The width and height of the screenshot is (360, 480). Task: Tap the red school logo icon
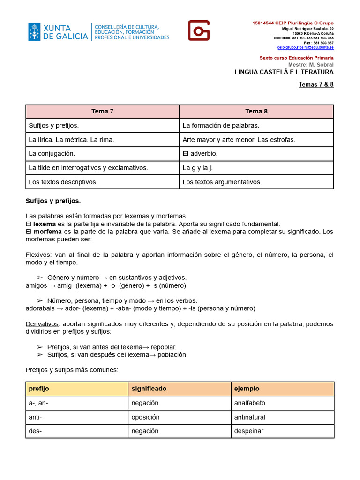(199, 30)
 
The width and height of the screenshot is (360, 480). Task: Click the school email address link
(306, 47)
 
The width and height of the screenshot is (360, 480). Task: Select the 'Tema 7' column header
(102, 112)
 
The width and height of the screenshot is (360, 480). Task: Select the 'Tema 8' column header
(256, 112)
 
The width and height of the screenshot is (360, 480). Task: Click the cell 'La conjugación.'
(52, 154)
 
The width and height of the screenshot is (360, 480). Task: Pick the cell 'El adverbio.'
(200, 154)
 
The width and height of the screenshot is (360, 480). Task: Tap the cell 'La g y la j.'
(198, 168)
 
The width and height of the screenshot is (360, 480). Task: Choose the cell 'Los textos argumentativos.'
(222, 182)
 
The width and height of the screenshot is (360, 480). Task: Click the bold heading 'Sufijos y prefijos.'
(53, 201)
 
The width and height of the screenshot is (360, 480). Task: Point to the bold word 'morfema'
(47, 232)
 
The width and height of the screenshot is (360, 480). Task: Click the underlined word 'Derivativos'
(42, 324)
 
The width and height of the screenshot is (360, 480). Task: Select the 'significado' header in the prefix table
(149, 389)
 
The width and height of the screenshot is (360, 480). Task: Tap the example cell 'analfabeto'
(249, 403)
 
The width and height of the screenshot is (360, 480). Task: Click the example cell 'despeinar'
(248, 431)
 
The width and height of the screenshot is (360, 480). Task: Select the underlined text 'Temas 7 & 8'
(316, 85)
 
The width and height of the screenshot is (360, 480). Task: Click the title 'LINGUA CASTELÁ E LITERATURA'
(284, 72)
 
